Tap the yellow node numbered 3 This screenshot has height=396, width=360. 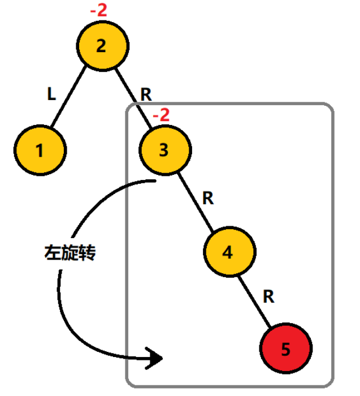pos(164,150)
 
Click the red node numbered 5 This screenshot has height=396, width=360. pos(285,349)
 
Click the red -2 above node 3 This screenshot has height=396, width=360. pos(161,115)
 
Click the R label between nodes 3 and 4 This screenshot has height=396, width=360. pos(208,198)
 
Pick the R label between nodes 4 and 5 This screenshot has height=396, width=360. pos(270,297)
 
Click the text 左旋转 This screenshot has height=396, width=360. pos(70,253)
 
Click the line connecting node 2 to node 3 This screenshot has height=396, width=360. pos(131,93)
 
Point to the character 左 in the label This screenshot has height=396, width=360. pos(53,253)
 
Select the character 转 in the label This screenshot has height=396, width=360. pos(88,253)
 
